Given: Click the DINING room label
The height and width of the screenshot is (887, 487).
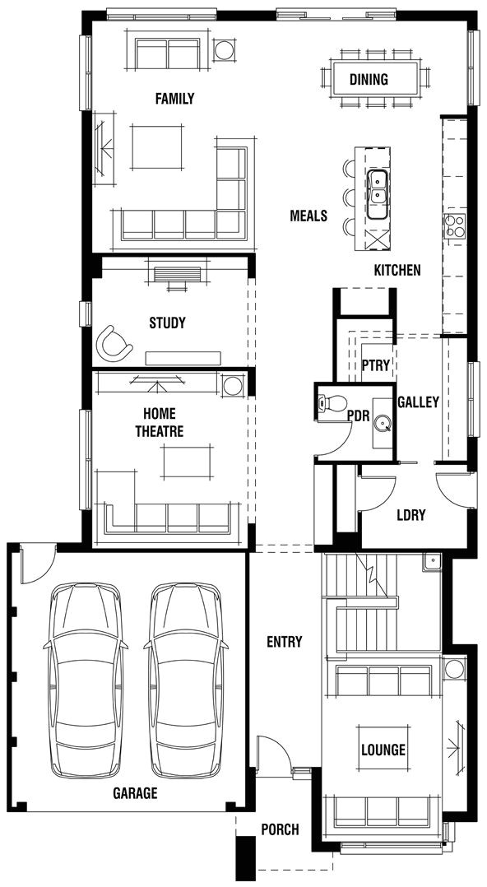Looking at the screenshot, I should tap(368, 80).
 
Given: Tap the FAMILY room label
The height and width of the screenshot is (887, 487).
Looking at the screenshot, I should tap(174, 99).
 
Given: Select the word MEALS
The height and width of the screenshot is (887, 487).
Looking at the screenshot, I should tap(308, 216).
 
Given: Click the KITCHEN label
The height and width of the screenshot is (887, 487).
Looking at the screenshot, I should tap(397, 270).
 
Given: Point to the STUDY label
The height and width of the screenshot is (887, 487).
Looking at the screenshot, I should tap(167, 323).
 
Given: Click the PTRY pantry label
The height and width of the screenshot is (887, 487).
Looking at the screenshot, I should tap(376, 365).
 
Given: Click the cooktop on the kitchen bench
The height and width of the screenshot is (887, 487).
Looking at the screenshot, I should tap(455, 225).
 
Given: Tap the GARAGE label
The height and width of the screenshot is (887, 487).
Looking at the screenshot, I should tap(135, 794).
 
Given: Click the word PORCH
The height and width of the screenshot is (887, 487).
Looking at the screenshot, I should tap(280, 829).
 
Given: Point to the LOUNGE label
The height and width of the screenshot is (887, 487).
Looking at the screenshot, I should tap(383, 750).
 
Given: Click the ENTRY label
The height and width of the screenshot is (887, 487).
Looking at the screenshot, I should tap(284, 642).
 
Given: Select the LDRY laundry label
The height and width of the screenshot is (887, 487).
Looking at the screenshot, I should tap(410, 515).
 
